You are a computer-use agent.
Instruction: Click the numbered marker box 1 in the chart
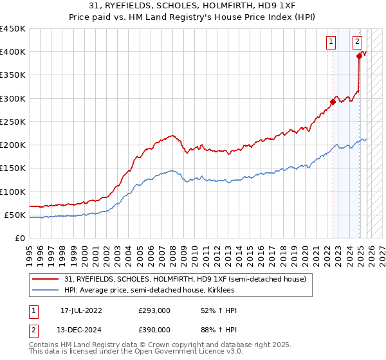click(x=332, y=42)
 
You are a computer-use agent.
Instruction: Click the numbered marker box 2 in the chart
click(x=357, y=42)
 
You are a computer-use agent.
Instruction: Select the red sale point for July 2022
click(x=333, y=101)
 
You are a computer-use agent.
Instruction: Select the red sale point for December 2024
click(x=359, y=56)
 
